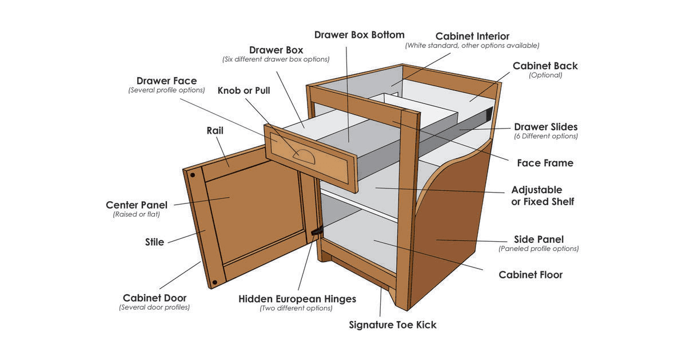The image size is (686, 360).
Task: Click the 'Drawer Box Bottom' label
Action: click(359, 35)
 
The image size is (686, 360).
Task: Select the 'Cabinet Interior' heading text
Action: click(472, 36)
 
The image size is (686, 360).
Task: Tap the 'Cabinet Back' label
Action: click(545, 66)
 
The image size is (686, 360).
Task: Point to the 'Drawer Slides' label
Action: click(545, 127)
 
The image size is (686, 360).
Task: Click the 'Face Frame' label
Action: click(545, 163)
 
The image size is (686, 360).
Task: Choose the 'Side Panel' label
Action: click(538, 239)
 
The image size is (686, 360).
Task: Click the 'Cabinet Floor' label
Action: click(531, 275)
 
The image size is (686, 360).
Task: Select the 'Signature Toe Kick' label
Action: click(393, 325)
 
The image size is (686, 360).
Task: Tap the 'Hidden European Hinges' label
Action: click(297, 299)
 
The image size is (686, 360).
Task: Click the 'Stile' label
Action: click(154, 242)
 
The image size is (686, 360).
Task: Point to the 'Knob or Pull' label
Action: click(244, 90)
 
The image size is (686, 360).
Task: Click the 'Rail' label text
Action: click(215, 131)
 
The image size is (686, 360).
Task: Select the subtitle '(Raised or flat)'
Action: click(136, 215)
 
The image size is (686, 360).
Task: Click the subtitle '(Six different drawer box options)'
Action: click(276, 59)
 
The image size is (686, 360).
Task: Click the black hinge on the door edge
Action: click(316, 231)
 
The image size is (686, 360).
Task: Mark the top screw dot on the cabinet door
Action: click(193, 175)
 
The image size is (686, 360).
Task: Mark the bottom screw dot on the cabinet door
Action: click(216, 282)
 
